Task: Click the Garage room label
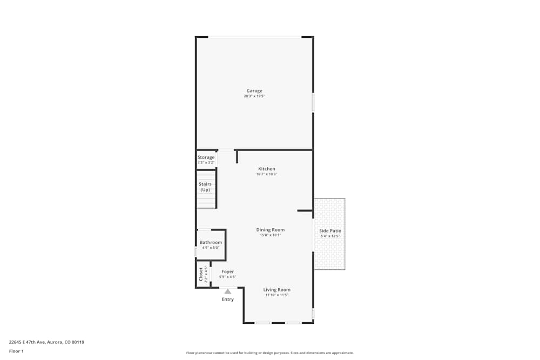coord(254,91)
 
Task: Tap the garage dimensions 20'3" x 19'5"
coord(254,96)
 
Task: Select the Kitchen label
coord(266,169)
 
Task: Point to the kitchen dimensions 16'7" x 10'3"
coord(266,174)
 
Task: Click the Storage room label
coord(206,157)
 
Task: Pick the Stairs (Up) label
coord(205,187)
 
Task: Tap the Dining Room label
coord(270,230)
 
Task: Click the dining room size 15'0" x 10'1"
coord(270,235)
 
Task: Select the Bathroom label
coord(211,242)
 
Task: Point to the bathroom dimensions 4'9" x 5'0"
coord(211,248)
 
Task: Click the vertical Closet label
coord(201,274)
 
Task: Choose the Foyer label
coord(227,271)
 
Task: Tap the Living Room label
coord(277,290)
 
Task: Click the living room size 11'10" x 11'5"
coord(277,295)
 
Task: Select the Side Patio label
coord(330,230)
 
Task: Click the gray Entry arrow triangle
coord(227,291)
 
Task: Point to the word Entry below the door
coord(228,300)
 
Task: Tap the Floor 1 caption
coord(16,351)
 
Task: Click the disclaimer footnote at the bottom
coord(270,353)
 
